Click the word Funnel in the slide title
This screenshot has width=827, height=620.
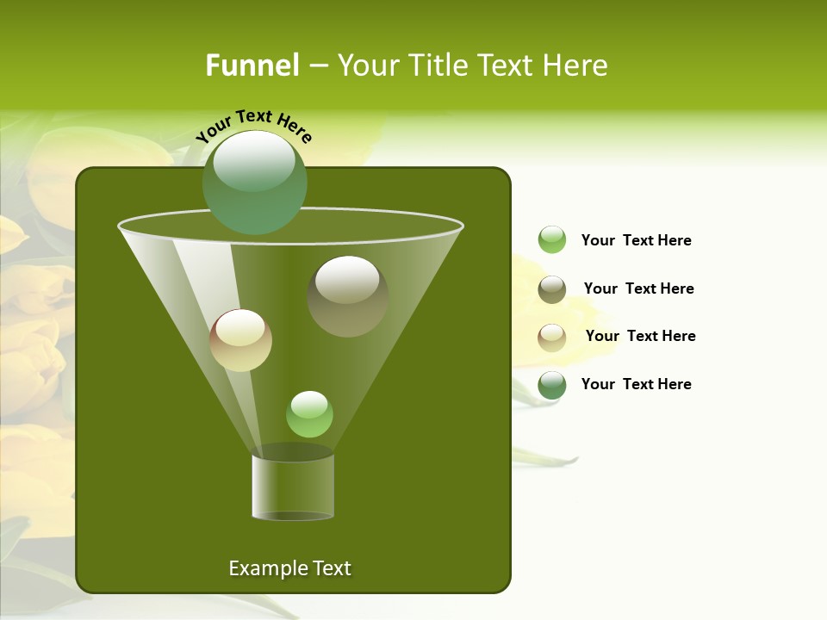click(x=252, y=65)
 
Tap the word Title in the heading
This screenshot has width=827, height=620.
click(x=437, y=65)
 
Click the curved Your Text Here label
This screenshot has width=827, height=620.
click(x=253, y=126)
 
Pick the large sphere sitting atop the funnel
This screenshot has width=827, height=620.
click(x=255, y=183)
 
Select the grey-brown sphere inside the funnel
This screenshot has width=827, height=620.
click(x=347, y=296)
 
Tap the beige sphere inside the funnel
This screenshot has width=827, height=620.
click(x=240, y=340)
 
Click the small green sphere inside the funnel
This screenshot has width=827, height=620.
click(x=309, y=414)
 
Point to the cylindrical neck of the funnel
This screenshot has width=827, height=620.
click(x=293, y=487)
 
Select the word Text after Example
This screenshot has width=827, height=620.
click(x=331, y=568)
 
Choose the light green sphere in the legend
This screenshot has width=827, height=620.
click(x=552, y=240)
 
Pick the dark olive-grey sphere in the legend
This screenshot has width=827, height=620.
click(x=552, y=289)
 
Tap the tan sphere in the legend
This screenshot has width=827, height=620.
click(x=552, y=338)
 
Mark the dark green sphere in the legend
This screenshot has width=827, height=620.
click(x=552, y=385)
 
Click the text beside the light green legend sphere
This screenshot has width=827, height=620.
click(x=636, y=240)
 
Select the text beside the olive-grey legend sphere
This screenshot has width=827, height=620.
click(x=638, y=288)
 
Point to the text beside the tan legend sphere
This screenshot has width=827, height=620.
click(x=640, y=336)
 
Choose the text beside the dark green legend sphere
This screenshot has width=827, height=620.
click(x=636, y=384)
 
